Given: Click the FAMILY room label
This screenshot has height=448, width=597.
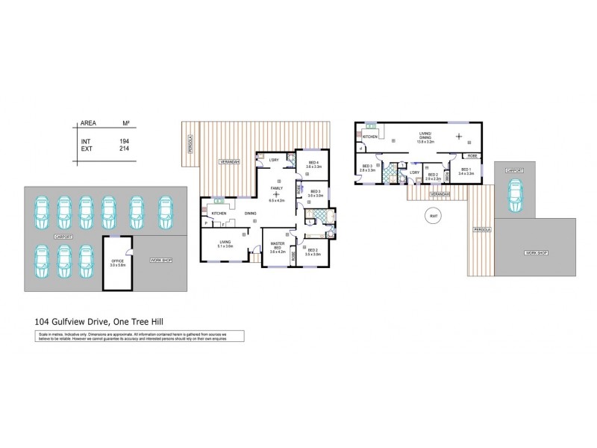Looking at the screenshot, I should pos(276,189).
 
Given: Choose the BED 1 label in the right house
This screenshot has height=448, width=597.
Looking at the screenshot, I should pos(465,169).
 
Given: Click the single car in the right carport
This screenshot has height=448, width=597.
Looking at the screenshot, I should pos(513,195).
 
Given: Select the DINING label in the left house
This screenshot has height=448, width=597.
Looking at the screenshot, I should pos(249,214).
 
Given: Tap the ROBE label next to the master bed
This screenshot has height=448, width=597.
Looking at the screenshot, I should pos(293,255).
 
